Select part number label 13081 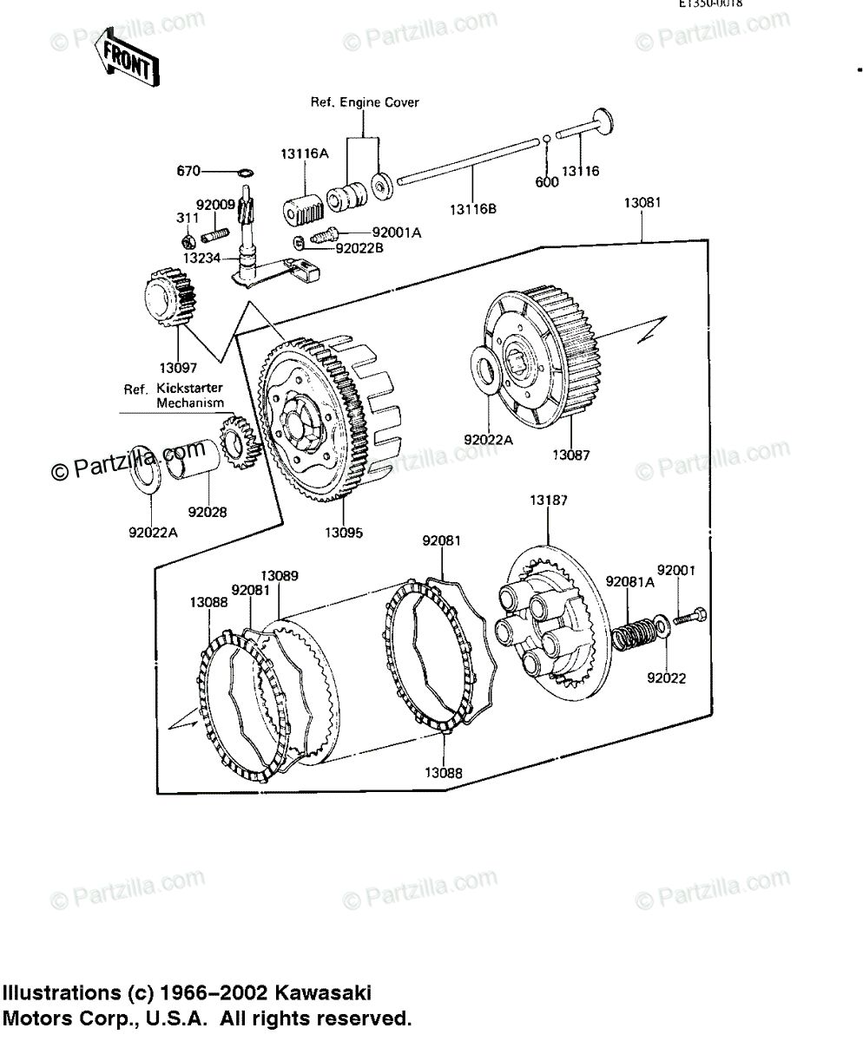(642, 204)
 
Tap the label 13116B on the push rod (473, 208)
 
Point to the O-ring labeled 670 (246, 172)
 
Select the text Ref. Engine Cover (365, 102)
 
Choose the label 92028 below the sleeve (208, 512)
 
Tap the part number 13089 (280, 575)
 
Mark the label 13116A (304, 154)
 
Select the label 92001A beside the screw (397, 232)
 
